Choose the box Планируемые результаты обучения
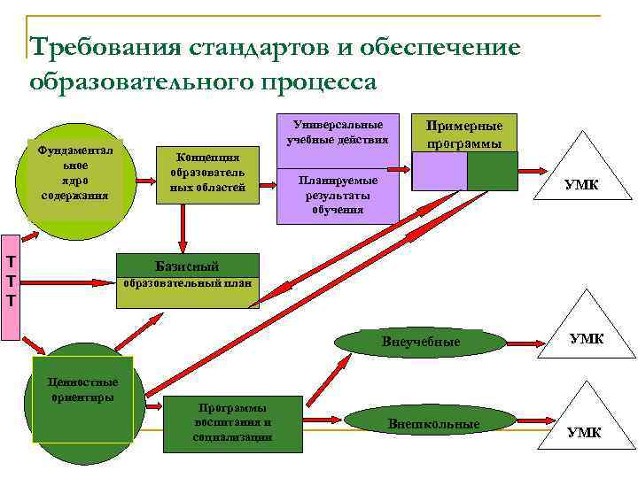[335, 194]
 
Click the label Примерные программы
[464, 133]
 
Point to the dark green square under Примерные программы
[492, 171]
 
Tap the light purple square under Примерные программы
[440, 171]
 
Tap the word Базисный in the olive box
[186, 266]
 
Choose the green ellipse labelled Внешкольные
[433, 424]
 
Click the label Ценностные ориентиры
[82, 389]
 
